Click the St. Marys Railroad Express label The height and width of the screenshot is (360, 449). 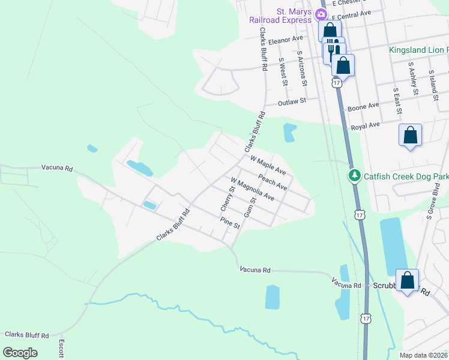click(282, 16)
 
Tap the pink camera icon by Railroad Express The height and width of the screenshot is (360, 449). click(322, 14)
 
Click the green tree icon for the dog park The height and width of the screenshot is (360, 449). click(354, 175)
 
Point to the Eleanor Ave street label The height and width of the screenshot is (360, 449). click(286, 40)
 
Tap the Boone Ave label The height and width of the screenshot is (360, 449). click(363, 107)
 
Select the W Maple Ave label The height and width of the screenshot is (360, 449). click(268, 166)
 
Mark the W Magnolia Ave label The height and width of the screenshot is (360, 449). click(252, 189)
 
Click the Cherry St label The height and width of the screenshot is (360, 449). click(226, 197)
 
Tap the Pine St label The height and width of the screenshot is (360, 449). click(229, 224)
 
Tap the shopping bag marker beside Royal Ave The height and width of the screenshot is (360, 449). click(410, 135)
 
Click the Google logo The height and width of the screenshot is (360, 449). click(20, 352)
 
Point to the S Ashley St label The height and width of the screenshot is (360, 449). click(412, 78)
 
